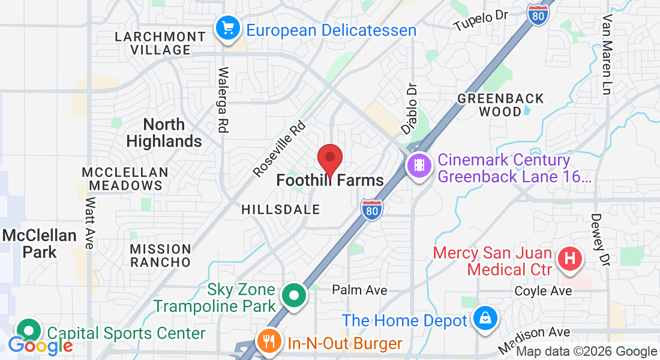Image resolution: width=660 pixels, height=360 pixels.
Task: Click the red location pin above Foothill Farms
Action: (x=329, y=158)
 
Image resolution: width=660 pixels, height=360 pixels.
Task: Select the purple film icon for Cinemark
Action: (x=418, y=164)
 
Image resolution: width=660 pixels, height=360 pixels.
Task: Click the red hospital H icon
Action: (x=570, y=259)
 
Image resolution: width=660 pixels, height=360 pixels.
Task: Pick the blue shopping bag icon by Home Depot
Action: (x=484, y=318)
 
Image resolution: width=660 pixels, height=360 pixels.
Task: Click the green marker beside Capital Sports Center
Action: (x=29, y=330)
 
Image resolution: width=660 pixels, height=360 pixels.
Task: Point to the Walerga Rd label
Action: (x=223, y=100)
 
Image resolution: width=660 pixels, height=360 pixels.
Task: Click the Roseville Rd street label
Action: (x=280, y=149)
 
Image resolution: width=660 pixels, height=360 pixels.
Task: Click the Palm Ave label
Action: (x=360, y=290)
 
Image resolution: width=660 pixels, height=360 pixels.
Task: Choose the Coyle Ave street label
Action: (x=544, y=291)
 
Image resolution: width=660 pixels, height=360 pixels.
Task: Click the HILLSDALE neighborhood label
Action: (x=281, y=209)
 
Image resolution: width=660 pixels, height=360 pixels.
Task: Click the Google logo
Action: (x=40, y=346)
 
